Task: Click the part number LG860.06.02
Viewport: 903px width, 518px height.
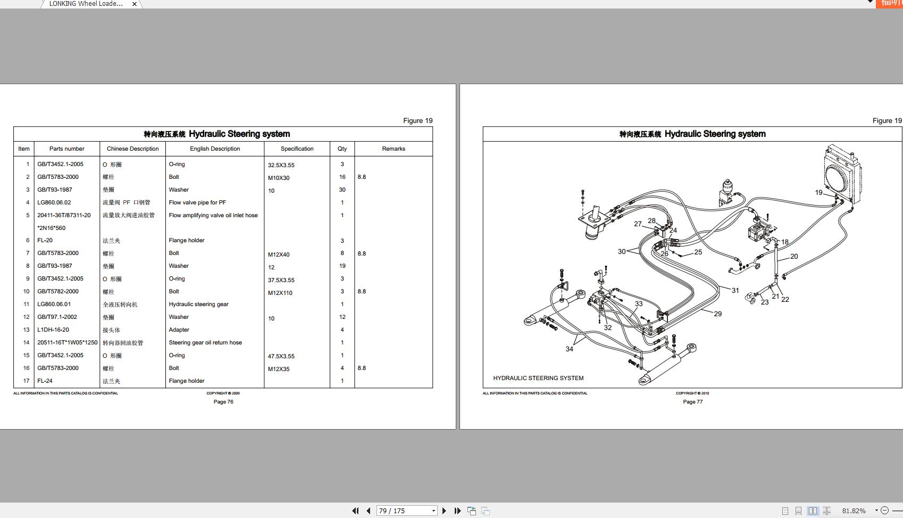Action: pyautogui.click(x=54, y=202)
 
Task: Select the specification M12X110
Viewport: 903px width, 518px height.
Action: pyautogui.click(x=280, y=293)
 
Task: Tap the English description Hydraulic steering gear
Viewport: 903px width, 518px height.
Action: pyautogui.click(x=198, y=305)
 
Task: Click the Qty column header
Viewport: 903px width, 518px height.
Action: pyautogui.click(x=342, y=149)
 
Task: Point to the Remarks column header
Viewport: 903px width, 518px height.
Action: pyautogui.click(x=393, y=149)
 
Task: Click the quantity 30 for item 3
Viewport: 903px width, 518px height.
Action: pyautogui.click(x=342, y=190)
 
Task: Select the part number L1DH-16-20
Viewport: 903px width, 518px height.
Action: pyautogui.click(x=53, y=330)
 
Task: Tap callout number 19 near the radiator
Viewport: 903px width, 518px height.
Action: pyautogui.click(x=818, y=193)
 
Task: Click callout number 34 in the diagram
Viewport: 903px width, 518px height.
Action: pyautogui.click(x=569, y=349)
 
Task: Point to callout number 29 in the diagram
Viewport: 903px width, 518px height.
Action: pyautogui.click(x=717, y=314)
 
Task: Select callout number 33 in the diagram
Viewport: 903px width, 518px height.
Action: pyautogui.click(x=638, y=304)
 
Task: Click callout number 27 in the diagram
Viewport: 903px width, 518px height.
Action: pyautogui.click(x=638, y=224)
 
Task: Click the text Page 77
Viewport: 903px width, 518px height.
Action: pyautogui.click(x=692, y=402)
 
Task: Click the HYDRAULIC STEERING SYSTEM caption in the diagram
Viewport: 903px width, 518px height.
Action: pyautogui.click(x=538, y=378)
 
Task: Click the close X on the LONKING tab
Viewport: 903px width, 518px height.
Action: pyautogui.click(x=135, y=4)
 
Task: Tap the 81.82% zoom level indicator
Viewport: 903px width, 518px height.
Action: pyautogui.click(x=854, y=511)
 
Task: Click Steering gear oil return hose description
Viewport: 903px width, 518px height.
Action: pyautogui.click(x=205, y=343)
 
